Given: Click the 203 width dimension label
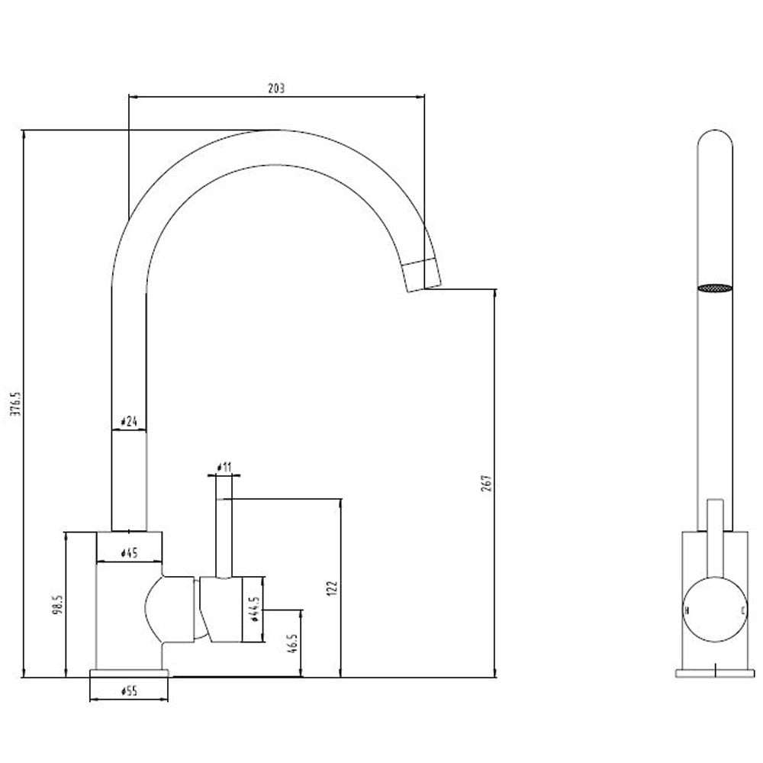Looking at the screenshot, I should point(276,89).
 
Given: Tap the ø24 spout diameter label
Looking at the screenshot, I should point(128,421).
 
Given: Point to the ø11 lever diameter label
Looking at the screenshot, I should point(224,466).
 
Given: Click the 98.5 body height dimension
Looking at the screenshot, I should point(58,607).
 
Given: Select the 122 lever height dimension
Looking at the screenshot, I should point(331,588).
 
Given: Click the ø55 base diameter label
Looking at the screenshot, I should point(128,691).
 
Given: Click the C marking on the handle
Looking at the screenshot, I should point(742,611).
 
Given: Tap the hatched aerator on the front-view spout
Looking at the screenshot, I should point(715,288).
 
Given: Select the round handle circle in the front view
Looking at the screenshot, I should point(715,611).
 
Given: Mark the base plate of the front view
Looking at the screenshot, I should point(715,672).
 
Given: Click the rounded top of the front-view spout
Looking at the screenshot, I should point(715,141).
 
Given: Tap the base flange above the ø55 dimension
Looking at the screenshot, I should point(128,672).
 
